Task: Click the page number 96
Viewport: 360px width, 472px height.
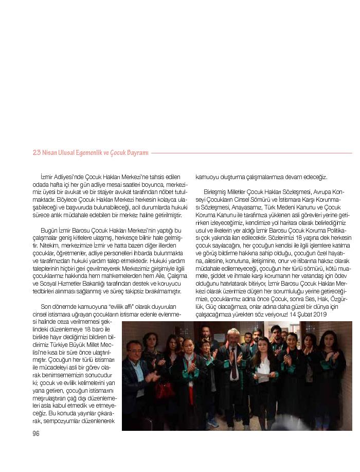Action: point(36,433)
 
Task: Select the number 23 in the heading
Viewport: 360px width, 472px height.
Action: point(37,153)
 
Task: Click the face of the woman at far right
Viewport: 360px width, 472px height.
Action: point(328,342)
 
